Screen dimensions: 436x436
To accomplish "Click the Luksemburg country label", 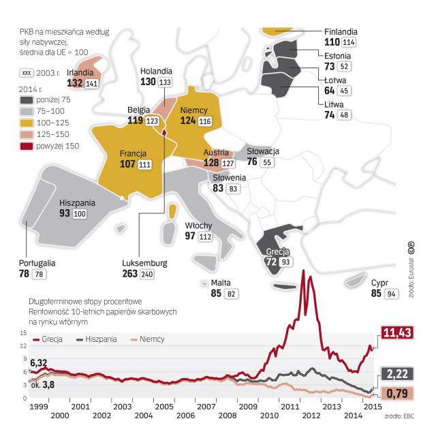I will pyautogui.click(x=144, y=263).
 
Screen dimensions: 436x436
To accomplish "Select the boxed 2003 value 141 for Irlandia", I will pyautogui.click(x=91, y=83).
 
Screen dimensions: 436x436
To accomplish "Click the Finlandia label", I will pyautogui.click(x=341, y=32).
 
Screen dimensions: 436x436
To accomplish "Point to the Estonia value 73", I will pyautogui.click(x=330, y=67).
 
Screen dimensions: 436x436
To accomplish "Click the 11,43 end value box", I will pyautogui.click(x=399, y=332).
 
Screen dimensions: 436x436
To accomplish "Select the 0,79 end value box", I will pyautogui.click(x=399, y=393).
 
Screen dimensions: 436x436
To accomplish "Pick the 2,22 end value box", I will pyautogui.click(x=399, y=374).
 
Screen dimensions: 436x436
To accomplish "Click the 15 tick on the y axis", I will pyautogui.click(x=25, y=333).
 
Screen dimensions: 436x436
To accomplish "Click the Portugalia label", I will pyautogui.click(x=37, y=262).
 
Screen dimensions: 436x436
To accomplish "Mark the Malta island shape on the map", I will pyautogui.click(x=204, y=283).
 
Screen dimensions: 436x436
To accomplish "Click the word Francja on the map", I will pyautogui.click(x=134, y=153).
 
